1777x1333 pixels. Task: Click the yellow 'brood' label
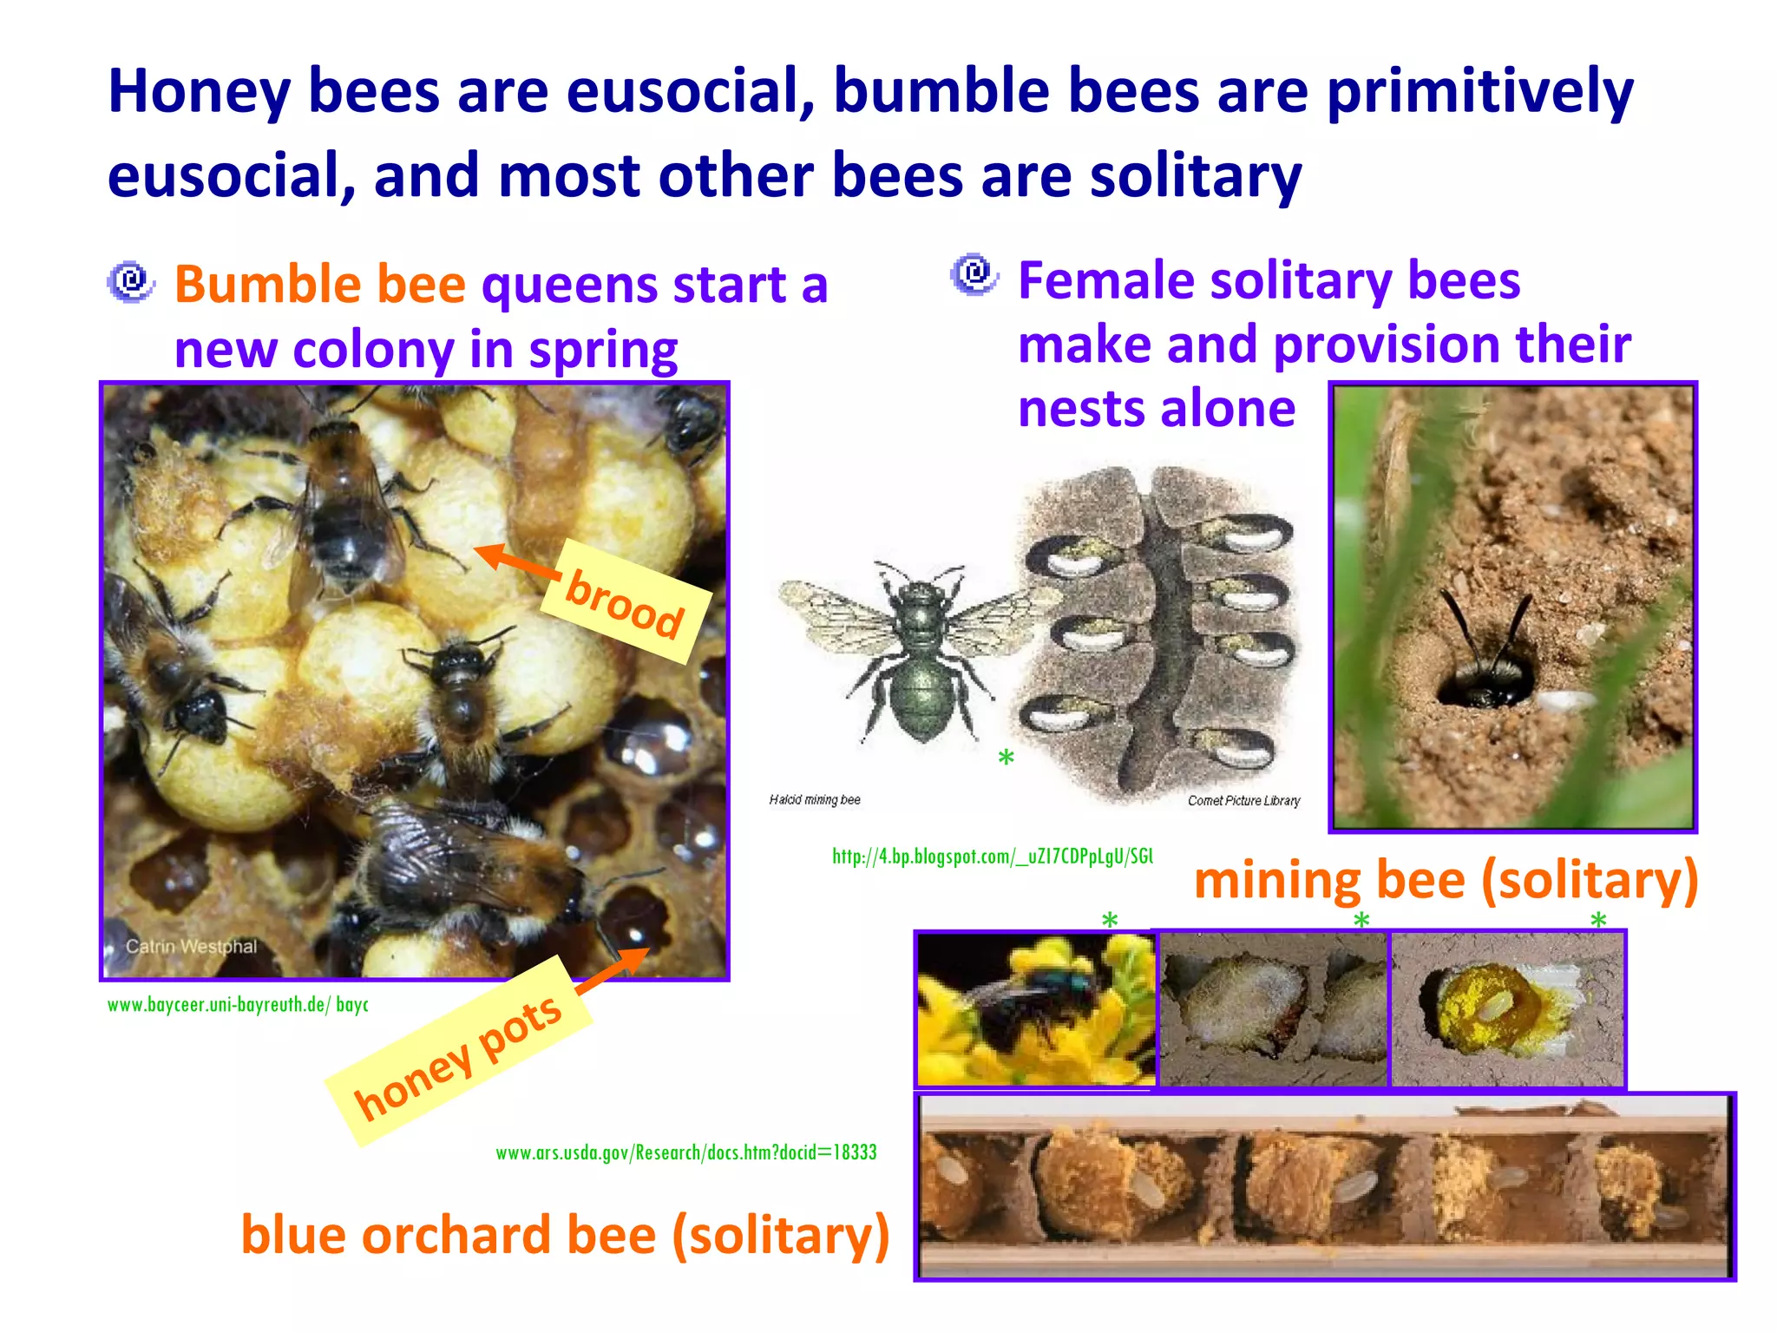pyautogui.click(x=626, y=601)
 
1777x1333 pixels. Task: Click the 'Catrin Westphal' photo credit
pyautogui.click(x=191, y=946)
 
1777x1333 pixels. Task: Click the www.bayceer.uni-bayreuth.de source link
pyautogui.click(x=237, y=1005)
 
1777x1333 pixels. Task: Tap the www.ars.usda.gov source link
pyautogui.click(x=685, y=1152)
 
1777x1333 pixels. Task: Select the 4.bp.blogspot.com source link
pyautogui.click(x=992, y=857)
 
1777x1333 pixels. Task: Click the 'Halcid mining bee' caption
pyautogui.click(x=814, y=800)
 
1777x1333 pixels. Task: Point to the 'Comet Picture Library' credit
pyautogui.click(x=1243, y=801)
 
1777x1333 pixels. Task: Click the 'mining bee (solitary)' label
pyautogui.click(x=1446, y=880)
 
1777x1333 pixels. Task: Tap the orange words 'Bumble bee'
pyautogui.click(x=319, y=285)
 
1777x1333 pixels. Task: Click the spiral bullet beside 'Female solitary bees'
pyautogui.click(x=974, y=274)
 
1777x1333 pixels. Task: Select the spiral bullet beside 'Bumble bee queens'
pyautogui.click(x=131, y=281)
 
